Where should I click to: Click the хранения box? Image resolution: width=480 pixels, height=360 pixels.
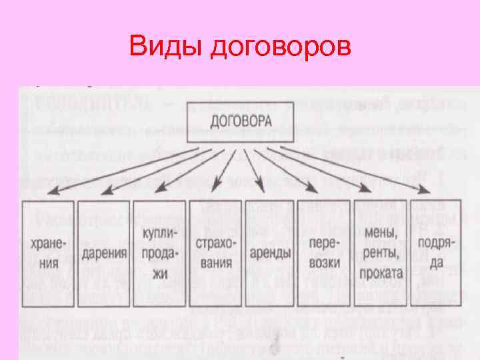[48, 253]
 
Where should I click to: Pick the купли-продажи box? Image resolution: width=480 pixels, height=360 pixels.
[159, 253]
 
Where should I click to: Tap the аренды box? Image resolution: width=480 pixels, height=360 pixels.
[271, 253]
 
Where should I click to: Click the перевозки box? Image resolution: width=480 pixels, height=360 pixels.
[326, 253]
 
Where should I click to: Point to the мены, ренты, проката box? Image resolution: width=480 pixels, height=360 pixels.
[380, 253]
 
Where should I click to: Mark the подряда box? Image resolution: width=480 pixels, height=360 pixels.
[435, 253]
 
